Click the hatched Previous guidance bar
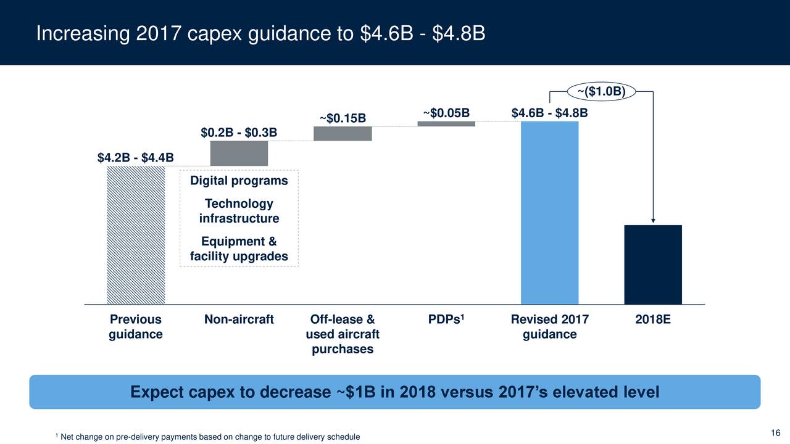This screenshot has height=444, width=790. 136,235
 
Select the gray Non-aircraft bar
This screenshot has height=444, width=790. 239,154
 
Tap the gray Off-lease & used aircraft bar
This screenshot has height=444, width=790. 343,134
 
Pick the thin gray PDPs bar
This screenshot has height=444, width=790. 446,124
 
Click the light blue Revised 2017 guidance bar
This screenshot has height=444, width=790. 549,213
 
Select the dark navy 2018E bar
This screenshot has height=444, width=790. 653,265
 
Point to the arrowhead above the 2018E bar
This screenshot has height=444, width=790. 653,221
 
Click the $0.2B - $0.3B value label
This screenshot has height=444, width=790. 239,133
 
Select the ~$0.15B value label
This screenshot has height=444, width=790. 343,118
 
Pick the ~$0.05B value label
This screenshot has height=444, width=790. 446,113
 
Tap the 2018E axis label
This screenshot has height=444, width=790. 653,319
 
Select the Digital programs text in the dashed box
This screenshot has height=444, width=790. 239,181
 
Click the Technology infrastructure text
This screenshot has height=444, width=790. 239,212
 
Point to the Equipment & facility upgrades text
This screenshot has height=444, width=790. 239,249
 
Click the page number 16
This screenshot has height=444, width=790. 776,432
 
